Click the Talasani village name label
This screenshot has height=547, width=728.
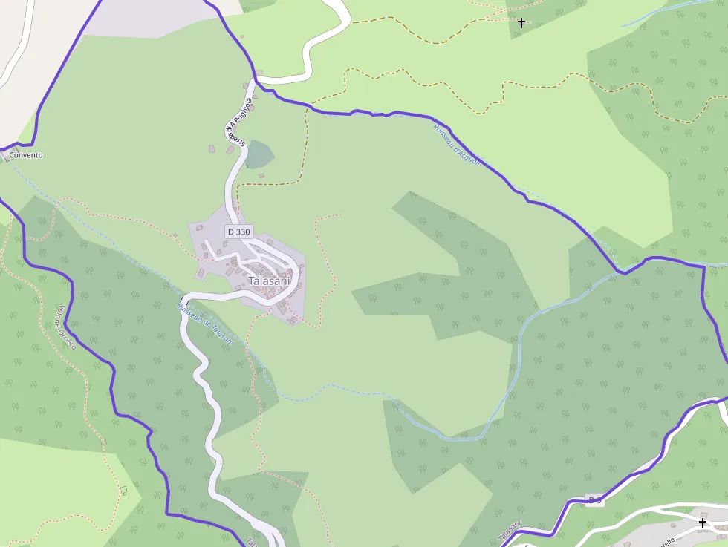click(x=270, y=281)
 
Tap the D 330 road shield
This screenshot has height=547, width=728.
click(x=239, y=232)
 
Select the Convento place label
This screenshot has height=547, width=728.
click(x=26, y=155)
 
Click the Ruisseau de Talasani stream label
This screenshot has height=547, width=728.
click(x=205, y=322)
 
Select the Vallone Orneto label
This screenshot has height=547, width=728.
click(x=66, y=328)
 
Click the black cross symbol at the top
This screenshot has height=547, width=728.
click(x=521, y=23)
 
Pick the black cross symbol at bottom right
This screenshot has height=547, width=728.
click(x=703, y=523)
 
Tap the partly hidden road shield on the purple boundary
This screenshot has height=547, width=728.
click(x=595, y=500)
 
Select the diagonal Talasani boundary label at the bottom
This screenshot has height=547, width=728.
click(x=510, y=531)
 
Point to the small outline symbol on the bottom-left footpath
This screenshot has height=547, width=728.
click(x=124, y=491)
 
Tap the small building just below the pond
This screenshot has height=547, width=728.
click(x=261, y=176)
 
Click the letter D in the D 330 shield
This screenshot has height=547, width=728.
click(x=231, y=232)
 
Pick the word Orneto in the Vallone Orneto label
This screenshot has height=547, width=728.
click(x=71, y=338)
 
